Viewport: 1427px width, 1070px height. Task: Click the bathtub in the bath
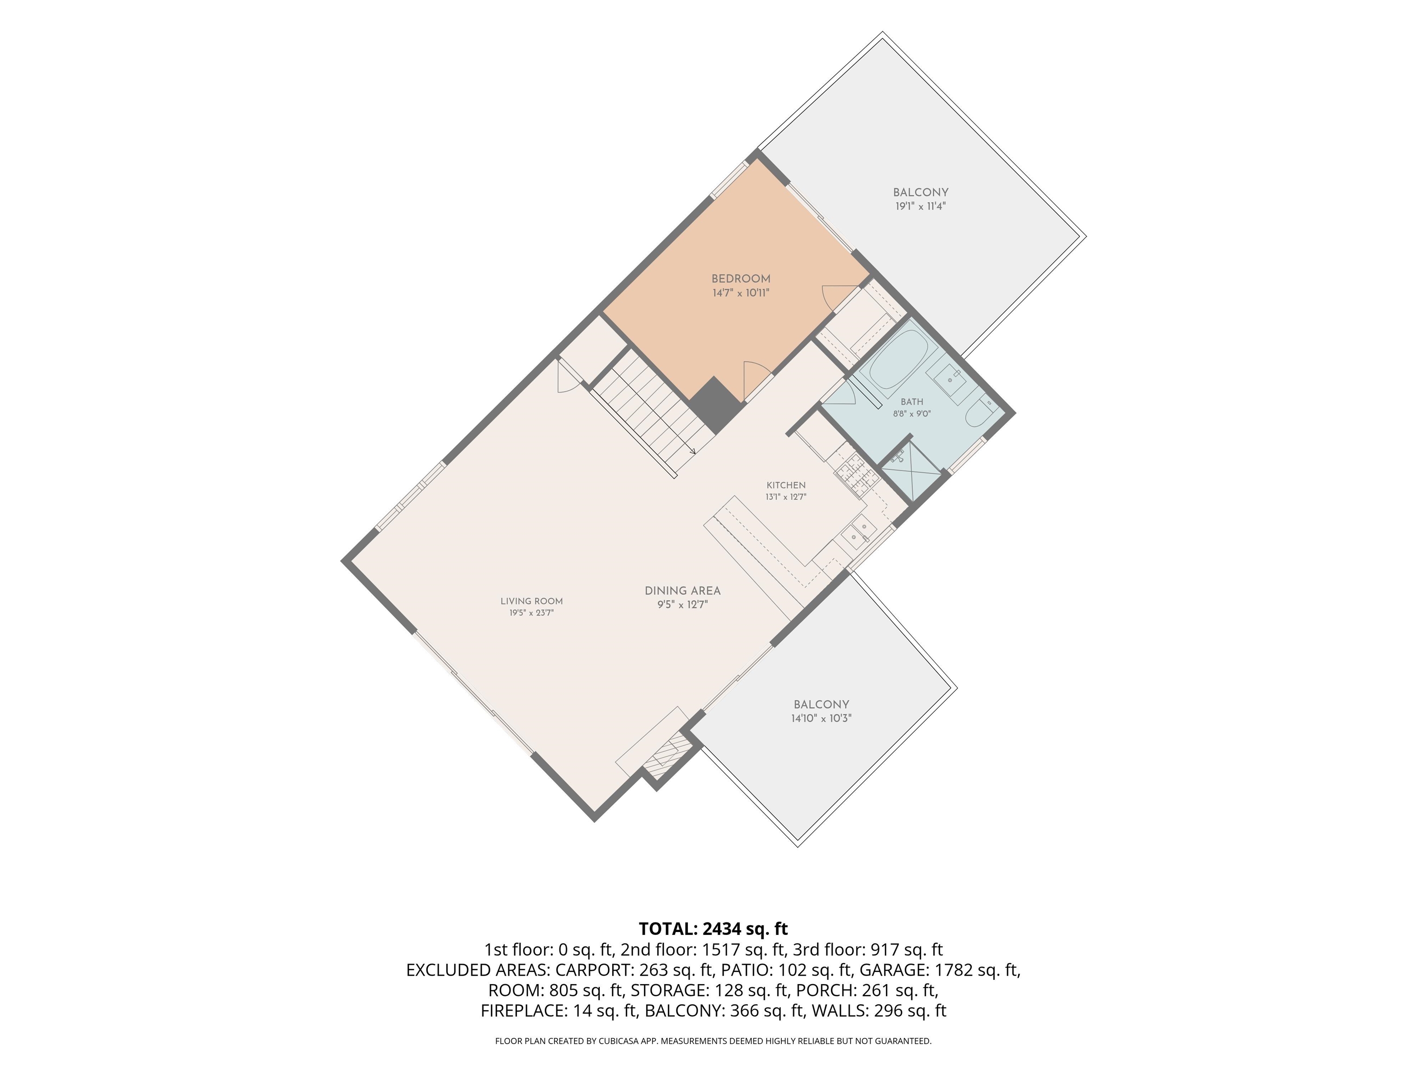[898, 359]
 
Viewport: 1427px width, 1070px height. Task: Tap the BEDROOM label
[740, 279]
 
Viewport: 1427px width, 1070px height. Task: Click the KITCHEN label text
[786, 485]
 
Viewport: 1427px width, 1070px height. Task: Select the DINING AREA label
[682, 590]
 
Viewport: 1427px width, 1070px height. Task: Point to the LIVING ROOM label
[531, 601]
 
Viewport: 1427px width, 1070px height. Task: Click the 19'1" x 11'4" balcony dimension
[921, 206]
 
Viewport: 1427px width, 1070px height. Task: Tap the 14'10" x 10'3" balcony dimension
[821, 718]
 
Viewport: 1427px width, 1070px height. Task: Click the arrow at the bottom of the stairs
[692, 451]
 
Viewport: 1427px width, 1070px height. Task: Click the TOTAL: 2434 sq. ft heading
[713, 929]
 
